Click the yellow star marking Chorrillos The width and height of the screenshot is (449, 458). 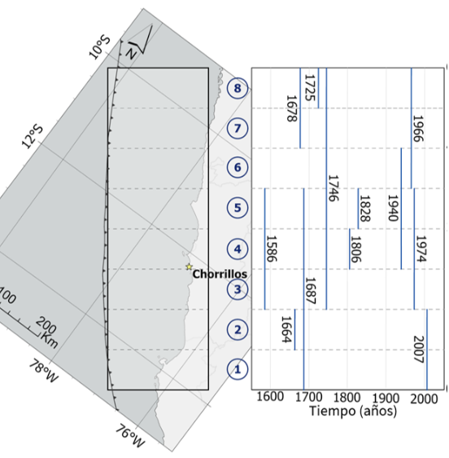click(190, 266)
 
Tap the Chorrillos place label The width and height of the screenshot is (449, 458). click(220, 274)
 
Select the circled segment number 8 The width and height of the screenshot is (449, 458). click(238, 88)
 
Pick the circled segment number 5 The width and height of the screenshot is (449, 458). click(238, 208)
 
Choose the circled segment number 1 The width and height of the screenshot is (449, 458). click(238, 369)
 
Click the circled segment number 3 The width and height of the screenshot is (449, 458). click(238, 289)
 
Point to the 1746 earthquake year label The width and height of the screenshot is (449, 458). click(333, 188)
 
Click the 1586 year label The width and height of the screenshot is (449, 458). click(272, 249)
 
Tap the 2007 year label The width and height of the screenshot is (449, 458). click(419, 350)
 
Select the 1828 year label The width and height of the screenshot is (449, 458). click(364, 209)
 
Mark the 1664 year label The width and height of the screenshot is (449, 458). click(286, 329)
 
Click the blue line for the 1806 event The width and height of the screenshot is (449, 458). click(350, 249)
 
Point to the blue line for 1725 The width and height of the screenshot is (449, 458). click(318, 88)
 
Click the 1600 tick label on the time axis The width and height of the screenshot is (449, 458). click(270, 397)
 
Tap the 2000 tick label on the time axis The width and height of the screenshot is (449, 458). click(424, 399)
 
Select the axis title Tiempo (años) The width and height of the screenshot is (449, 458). click(353, 411)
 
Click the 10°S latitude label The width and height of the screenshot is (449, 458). click(99, 47)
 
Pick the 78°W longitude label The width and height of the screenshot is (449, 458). click(44, 372)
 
